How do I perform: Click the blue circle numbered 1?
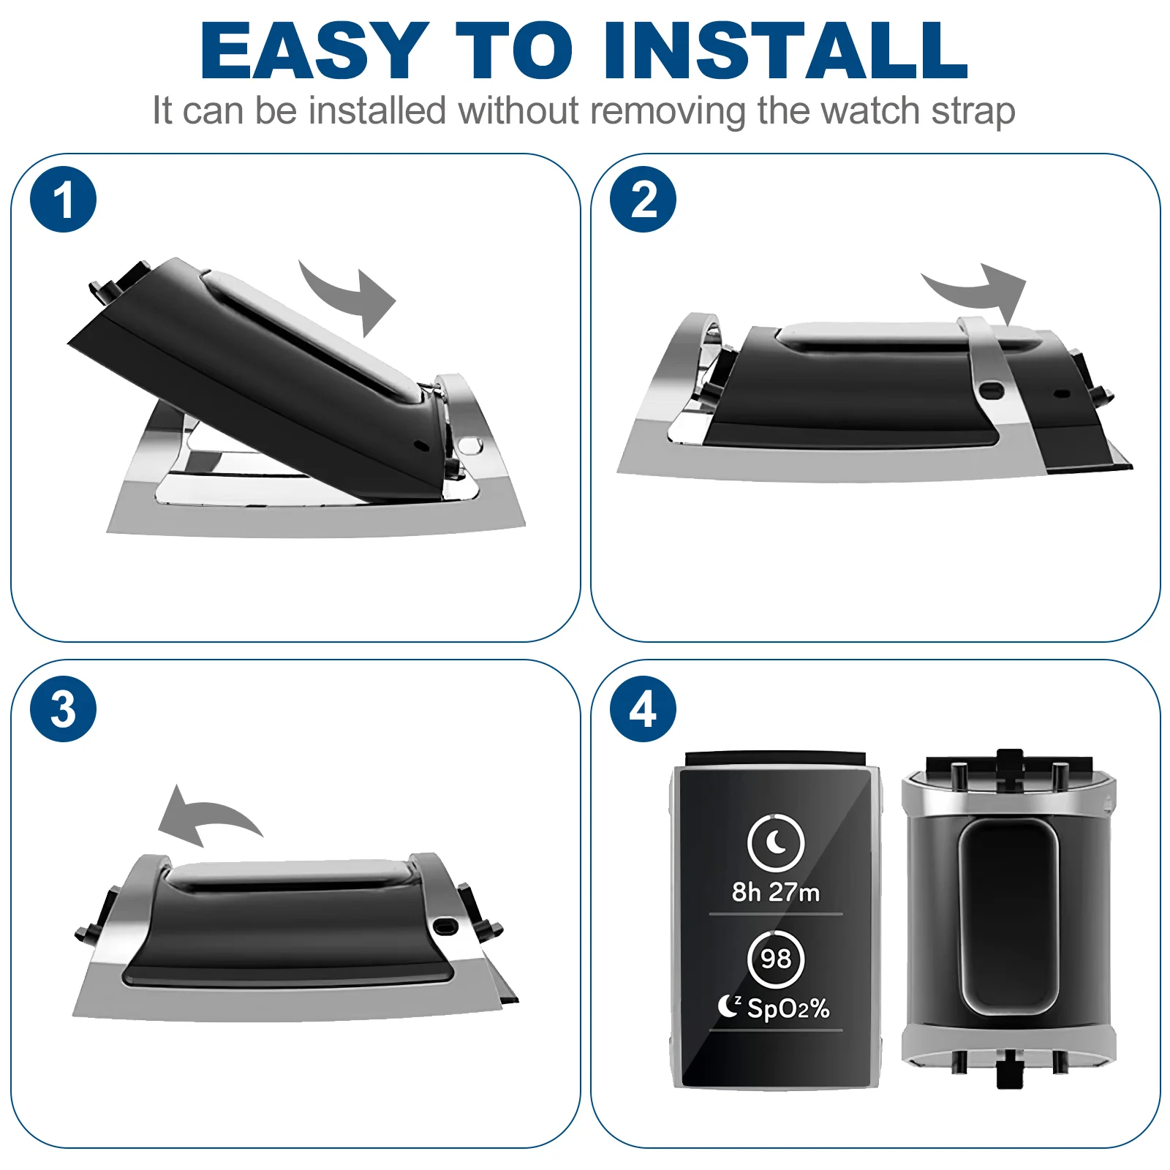[64, 200]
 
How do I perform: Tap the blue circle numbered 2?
[643, 200]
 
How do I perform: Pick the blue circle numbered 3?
[64, 709]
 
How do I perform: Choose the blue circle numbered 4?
[643, 709]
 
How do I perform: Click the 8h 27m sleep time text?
[776, 892]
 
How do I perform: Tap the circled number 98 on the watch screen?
[776, 959]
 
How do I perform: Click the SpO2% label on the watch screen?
[788, 1009]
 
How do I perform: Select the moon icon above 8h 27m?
[776, 842]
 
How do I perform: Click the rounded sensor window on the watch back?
[1008, 917]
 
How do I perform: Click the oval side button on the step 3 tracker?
[445, 926]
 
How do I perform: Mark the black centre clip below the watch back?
[1009, 1070]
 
